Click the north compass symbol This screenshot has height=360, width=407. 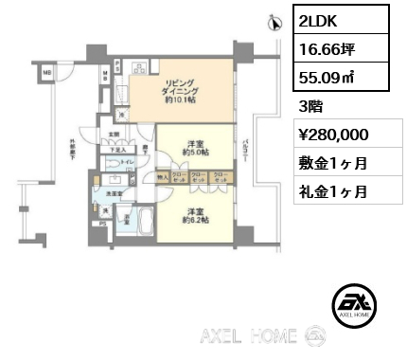(274, 21)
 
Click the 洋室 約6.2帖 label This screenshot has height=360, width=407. (197, 215)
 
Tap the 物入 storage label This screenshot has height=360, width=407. (162, 177)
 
